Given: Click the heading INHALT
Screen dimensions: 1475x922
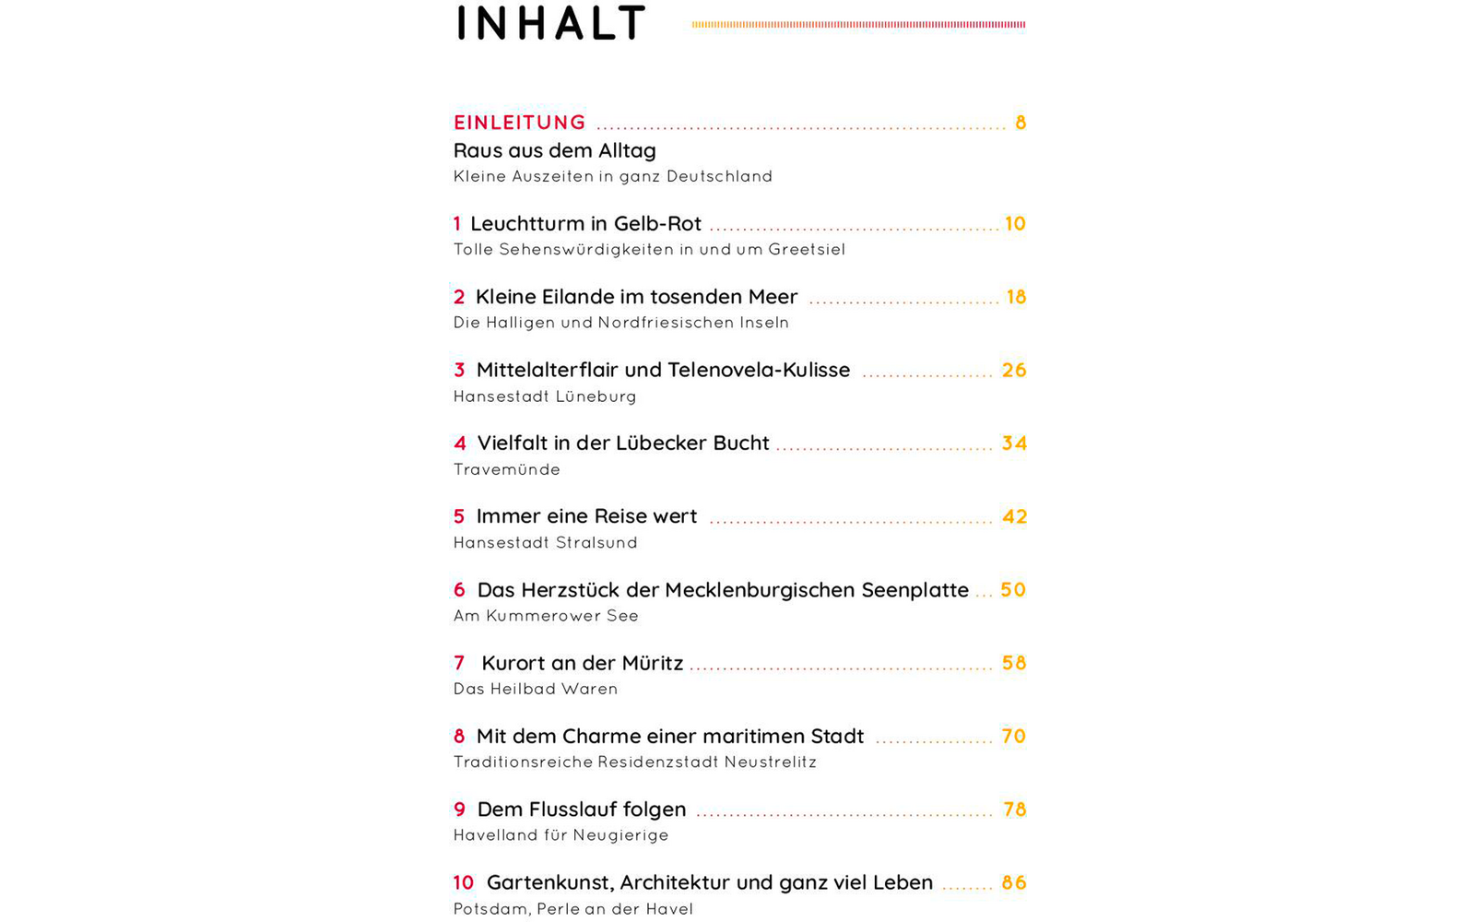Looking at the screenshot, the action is click(550, 24).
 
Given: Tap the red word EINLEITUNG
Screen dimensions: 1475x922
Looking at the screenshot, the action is click(520, 123).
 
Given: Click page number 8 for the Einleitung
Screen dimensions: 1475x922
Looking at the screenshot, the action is click(1021, 123).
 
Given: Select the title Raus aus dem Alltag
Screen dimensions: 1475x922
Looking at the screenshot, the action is click(554, 150).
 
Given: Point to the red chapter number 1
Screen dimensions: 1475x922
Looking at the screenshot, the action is click(457, 224).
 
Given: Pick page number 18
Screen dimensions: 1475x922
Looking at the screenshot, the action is click(1016, 297).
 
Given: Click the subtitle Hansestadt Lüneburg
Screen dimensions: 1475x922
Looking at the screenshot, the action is click(545, 396).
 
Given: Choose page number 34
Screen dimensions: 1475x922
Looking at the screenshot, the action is click(1014, 443).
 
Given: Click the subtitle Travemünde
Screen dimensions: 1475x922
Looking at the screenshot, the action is click(507, 469).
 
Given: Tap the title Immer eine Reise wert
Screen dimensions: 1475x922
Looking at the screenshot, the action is click(586, 516).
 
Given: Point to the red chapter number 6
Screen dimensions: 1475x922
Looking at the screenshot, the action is click(459, 590).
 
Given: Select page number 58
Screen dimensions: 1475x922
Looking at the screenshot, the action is click(1014, 663).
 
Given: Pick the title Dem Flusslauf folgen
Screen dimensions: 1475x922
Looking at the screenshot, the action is click(581, 810).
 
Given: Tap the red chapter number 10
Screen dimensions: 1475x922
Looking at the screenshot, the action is click(463, 883).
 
